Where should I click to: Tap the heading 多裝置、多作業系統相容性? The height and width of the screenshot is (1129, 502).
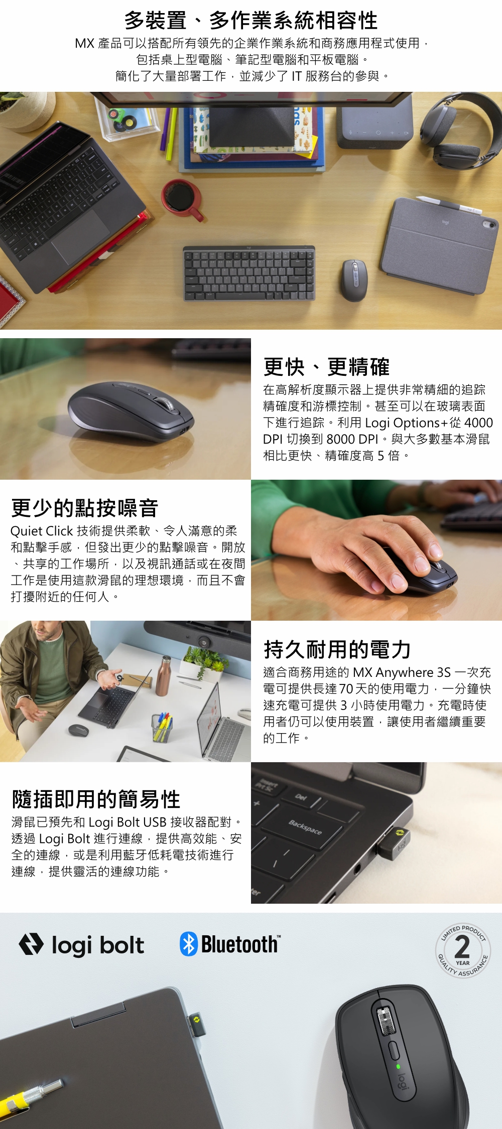[251, 21]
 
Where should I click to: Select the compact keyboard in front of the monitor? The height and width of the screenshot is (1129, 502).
[249, 273]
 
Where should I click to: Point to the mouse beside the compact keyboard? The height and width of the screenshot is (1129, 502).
[354, 279]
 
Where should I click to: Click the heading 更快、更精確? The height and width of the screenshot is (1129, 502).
[326, 367]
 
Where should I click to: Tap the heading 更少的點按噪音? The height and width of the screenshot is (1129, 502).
[84, 508]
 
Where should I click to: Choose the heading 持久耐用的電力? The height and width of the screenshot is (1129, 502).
[337, 649]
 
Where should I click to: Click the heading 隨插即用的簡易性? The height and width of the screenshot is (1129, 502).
[96, 799]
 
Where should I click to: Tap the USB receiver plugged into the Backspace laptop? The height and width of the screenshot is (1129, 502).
[394, 843]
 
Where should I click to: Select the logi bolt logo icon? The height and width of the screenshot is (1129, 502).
[31, 944]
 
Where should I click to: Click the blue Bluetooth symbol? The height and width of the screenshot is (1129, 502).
[189, 944]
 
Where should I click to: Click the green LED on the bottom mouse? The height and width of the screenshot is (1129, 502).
[398, 1066]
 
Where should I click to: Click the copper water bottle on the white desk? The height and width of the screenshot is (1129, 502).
[163, 675]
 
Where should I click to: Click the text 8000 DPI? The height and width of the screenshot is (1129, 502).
[352, 439]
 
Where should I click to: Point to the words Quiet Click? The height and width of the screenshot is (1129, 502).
[42, 531]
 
